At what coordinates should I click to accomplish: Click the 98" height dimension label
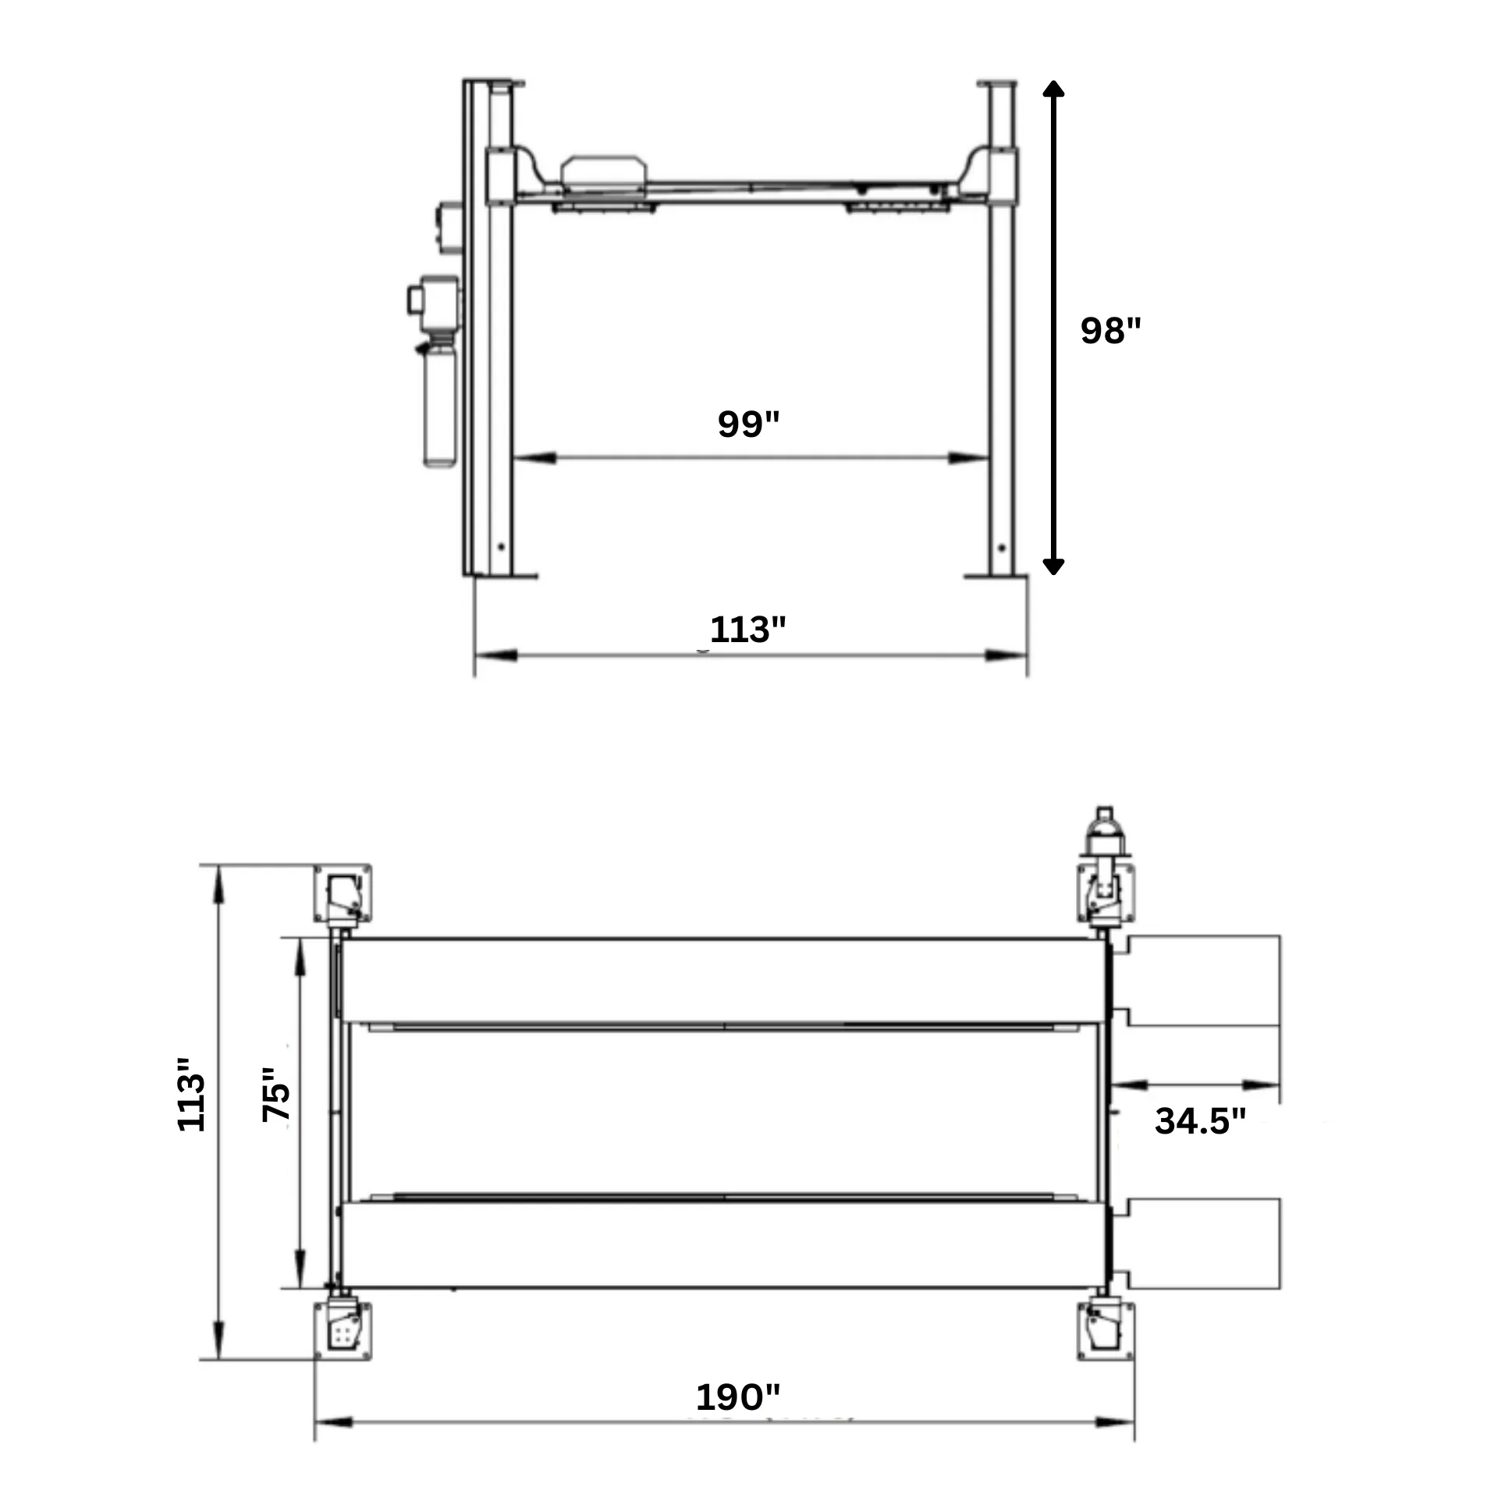coord(1110,330)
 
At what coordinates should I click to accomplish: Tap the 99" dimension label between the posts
coord(748,424)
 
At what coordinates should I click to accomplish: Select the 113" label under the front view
coord(747,629)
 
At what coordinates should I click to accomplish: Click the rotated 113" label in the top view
coord(191,1093)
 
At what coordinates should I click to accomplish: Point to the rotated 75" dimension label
coord(275,1093)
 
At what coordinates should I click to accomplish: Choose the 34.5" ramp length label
coord(1200,1120)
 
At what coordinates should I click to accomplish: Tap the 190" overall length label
coord(737,1397)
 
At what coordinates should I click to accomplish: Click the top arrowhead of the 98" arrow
coord(1053,88)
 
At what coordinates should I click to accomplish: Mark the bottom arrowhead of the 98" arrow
coord(1053,566)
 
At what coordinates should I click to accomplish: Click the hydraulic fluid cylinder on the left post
coord(441,406)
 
